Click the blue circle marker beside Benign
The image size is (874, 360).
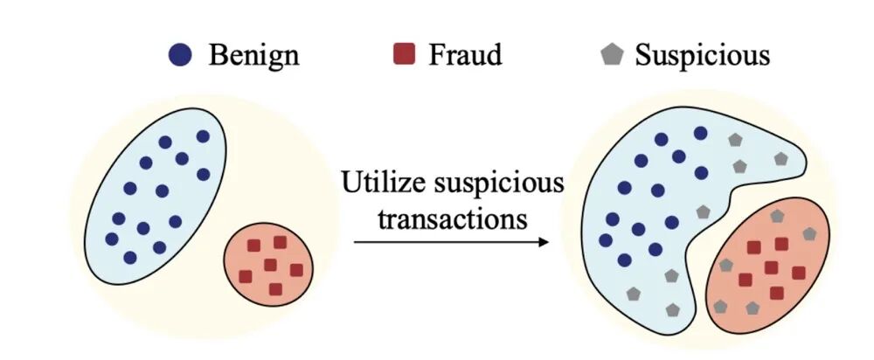(x=180, y=56)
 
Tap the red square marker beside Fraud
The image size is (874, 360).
(x=404, y=56)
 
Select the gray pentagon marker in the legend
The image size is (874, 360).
(x=612, y=56)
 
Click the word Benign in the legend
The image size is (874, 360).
(x=253, y=56)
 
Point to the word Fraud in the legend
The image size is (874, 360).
(x=465, y=56)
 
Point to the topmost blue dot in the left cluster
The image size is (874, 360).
(x=203, y=136)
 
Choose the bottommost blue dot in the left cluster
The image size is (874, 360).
(x=130, y=257)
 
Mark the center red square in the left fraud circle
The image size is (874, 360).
(x=270, y=265)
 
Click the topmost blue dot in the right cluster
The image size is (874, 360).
(x=700, y=133)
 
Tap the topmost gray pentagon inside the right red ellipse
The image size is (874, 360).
(x=776, y=216)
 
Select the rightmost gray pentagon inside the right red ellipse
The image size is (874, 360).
(x=809, y=234)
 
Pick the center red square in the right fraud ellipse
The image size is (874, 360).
(x=771, y=267)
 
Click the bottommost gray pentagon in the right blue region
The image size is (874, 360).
(x=671, y=309)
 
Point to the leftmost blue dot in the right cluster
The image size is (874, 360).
(x=605, y=239)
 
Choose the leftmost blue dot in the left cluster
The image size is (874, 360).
(x=111, y=239)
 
